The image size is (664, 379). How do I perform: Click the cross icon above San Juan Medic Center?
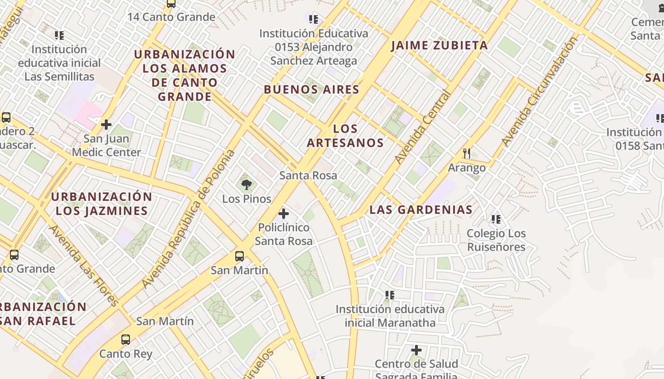coord(106,125)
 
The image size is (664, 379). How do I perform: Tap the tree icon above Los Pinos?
coord(246,185)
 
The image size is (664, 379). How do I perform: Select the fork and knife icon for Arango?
coord(467,153)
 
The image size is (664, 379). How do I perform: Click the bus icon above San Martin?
coord(240,256)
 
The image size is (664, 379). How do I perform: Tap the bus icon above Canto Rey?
coord(126,340)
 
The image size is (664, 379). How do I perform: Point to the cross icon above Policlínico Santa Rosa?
coord(284,214)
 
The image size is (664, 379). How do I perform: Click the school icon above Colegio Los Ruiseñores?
coord(496,219)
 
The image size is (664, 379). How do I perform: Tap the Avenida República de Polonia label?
coord(189,219)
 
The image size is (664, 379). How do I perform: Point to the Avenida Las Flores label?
coord(83,265)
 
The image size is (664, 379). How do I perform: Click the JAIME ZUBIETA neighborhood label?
coord(439,45)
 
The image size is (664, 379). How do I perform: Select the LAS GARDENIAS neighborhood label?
coord(421,209)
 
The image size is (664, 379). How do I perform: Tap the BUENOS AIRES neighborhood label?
coord(312,90)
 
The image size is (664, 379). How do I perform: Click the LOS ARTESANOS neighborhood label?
coord(345,135)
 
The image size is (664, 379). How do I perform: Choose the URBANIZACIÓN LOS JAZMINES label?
coord(101,204)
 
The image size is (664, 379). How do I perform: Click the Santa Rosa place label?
coord(308,175)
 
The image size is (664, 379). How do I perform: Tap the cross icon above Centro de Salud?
coord(416,350)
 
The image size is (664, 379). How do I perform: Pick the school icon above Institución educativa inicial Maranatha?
coord(390,295)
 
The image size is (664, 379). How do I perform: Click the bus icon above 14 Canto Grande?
coord(171,4)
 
